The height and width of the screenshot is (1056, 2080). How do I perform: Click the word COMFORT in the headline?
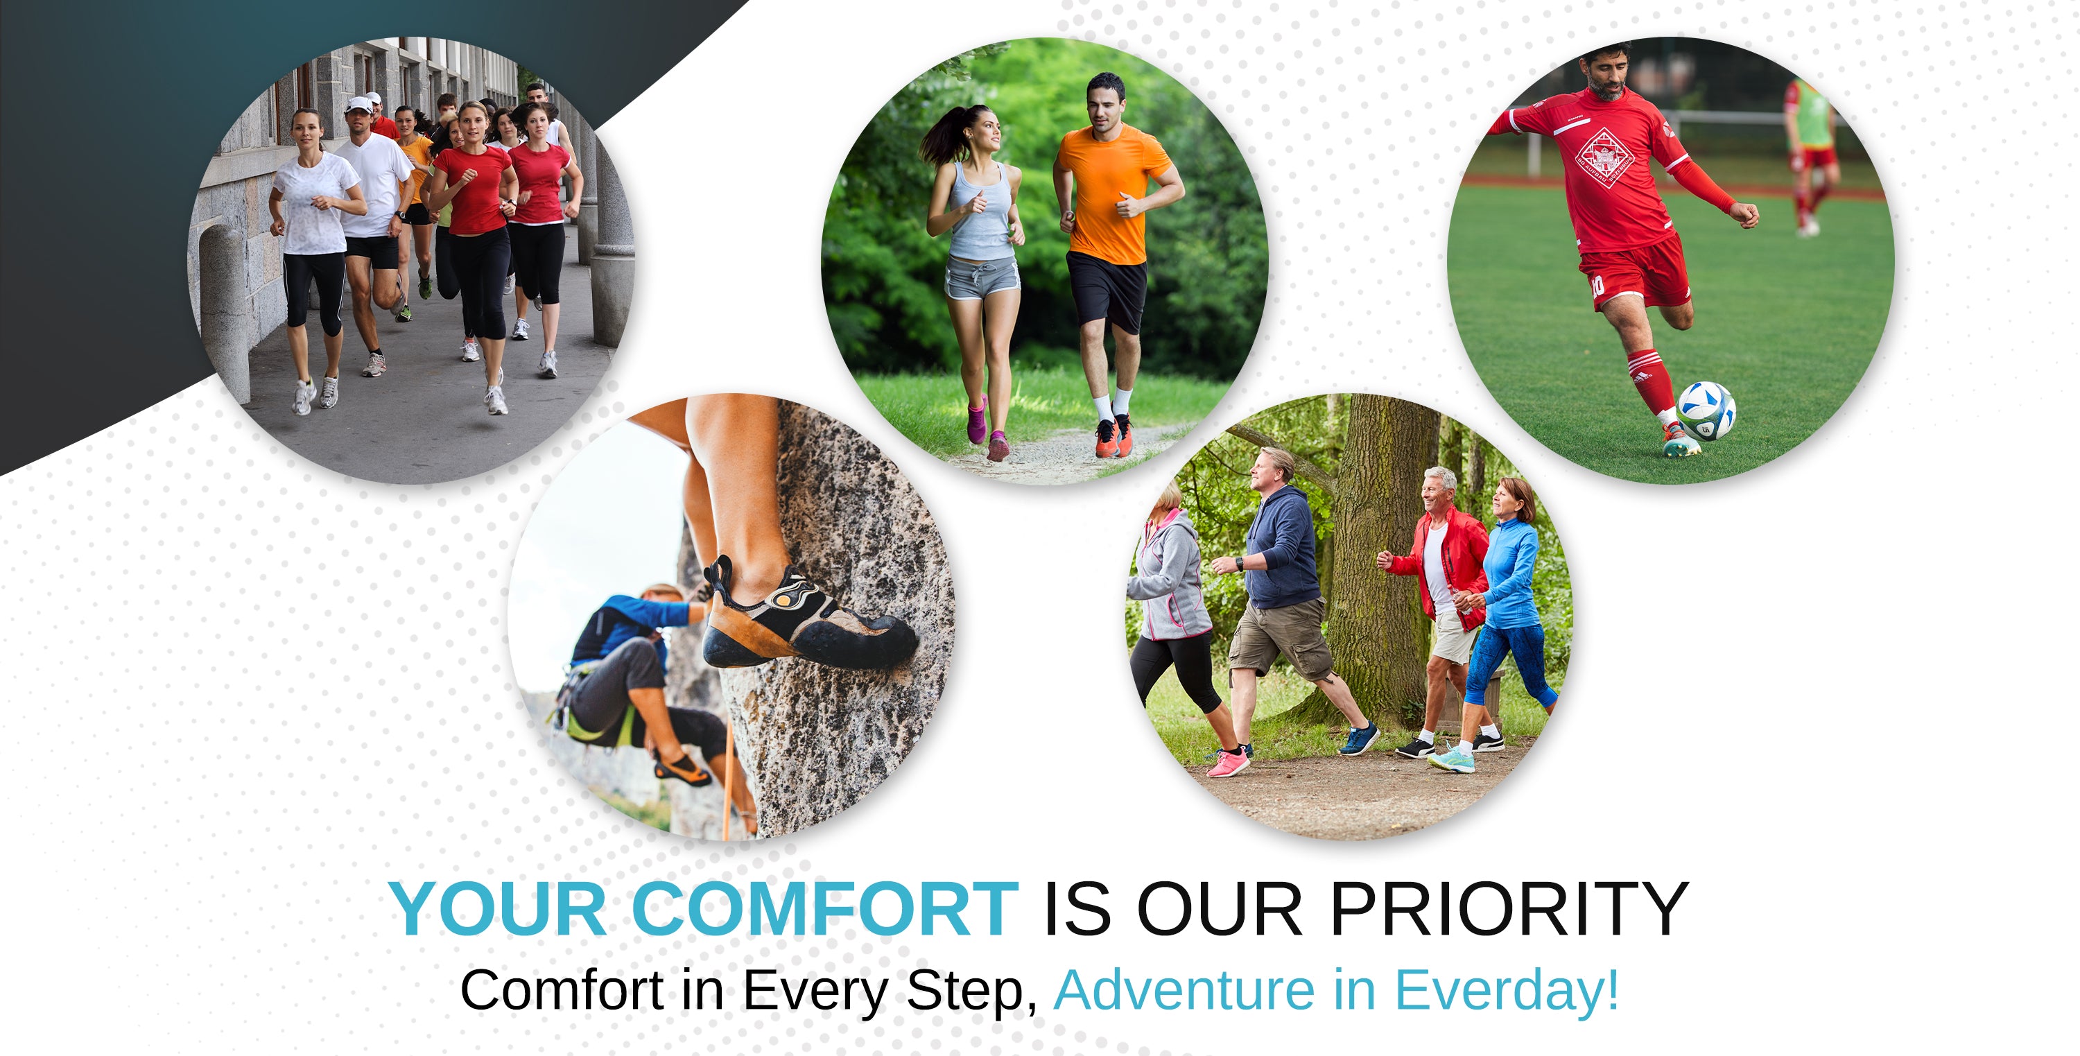pos(824,909)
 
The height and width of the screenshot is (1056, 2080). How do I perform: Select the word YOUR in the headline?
pos(499,909)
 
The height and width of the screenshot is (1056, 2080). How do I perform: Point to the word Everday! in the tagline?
pos(1507,992)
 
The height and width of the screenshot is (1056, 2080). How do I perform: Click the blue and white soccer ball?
pos(1706,410)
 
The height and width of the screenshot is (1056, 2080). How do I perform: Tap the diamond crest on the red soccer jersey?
pos(1605,157)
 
